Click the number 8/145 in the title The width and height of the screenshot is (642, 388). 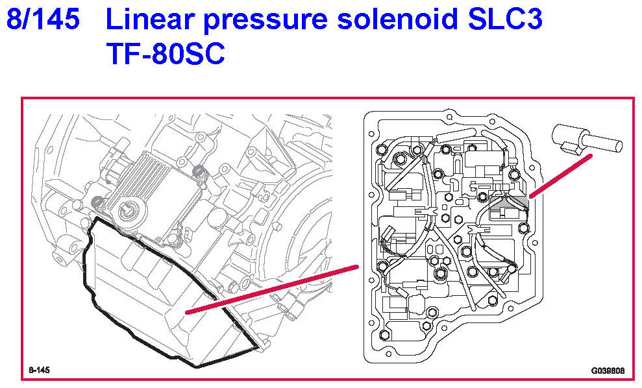point(43,20)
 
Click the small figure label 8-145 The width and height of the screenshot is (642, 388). point(39,370)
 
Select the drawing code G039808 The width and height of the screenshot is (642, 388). point(607,370)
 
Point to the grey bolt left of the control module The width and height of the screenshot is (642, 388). point(99,202)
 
